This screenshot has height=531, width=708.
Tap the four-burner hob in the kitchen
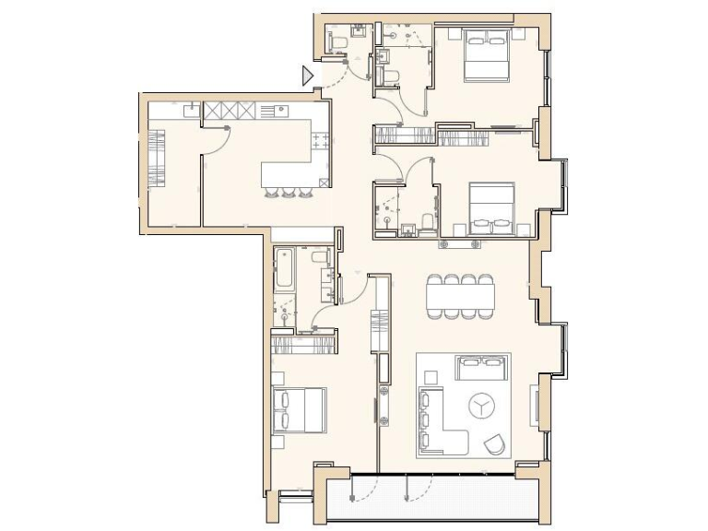[322, 141]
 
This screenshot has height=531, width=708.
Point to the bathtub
[284, 272]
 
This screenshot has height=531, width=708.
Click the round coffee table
[480, 405]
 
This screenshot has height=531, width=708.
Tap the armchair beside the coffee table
[495, 444]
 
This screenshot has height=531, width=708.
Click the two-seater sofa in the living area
[479, 369]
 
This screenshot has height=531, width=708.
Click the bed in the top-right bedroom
[485, 54]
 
